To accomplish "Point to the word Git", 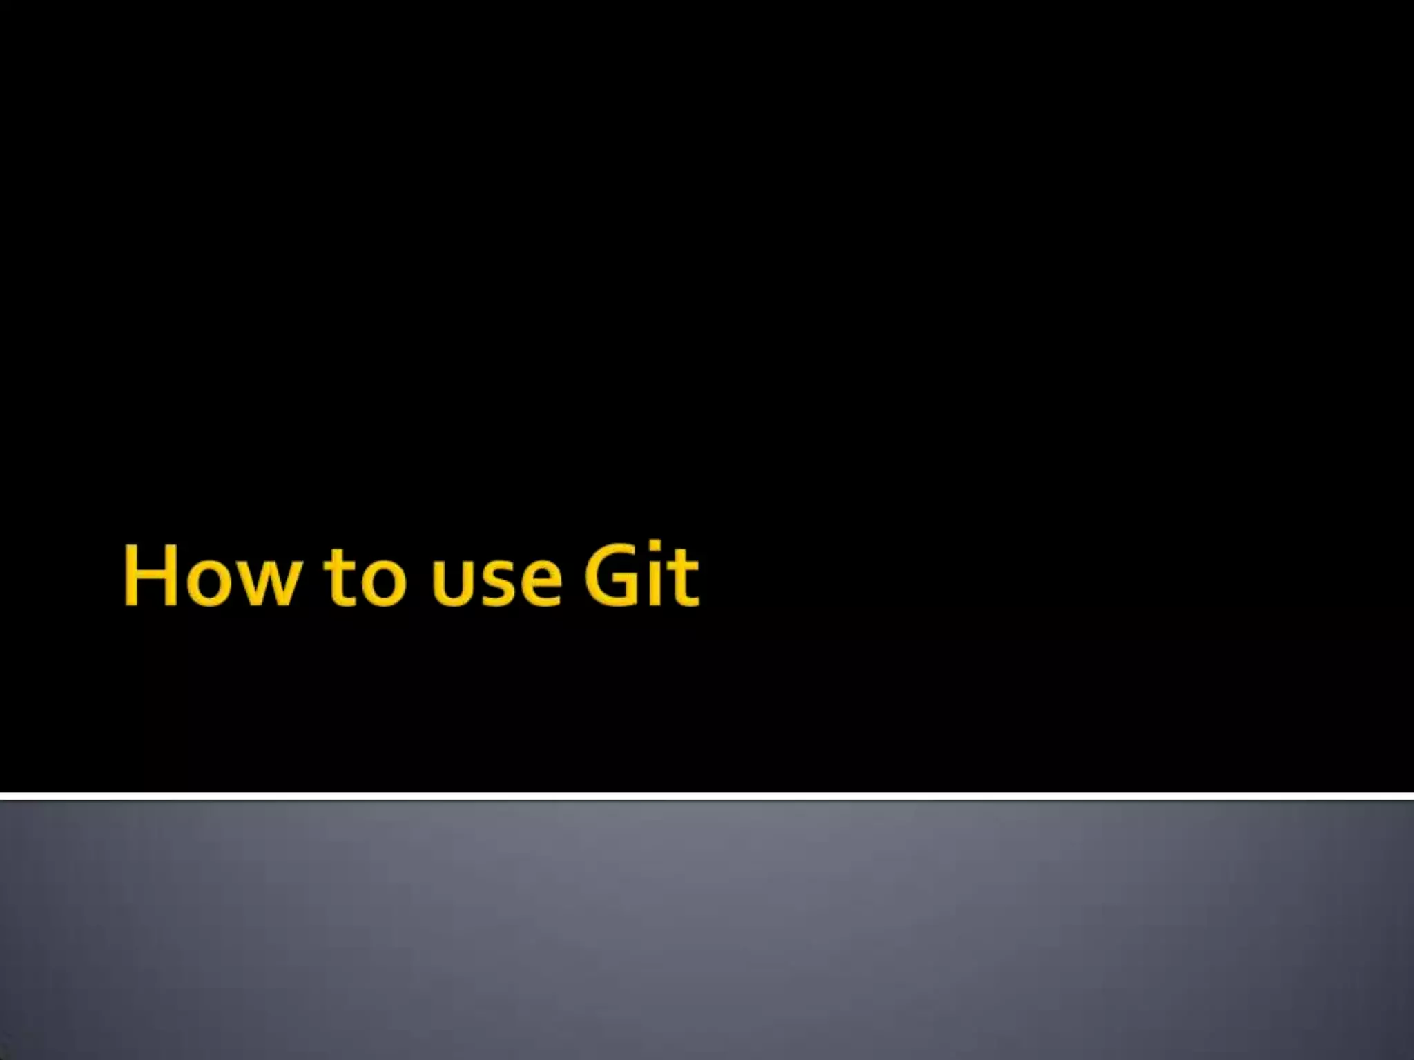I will click(641, 576).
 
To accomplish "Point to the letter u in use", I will click(449, 585).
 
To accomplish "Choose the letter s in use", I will click(497, 585).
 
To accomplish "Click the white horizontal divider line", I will click(707, 796).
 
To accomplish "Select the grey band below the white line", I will click(707, 932).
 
